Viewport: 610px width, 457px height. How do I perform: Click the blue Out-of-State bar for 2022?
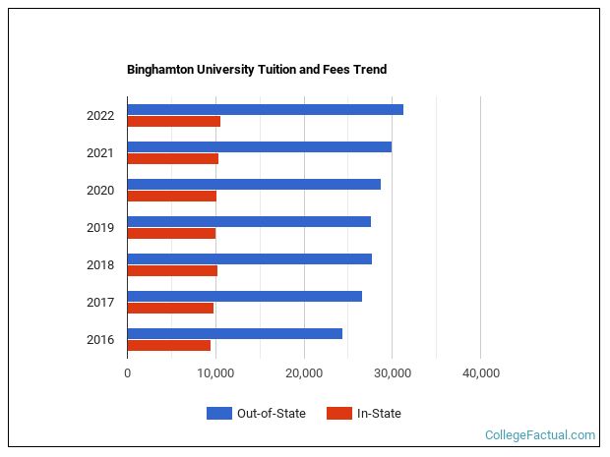pos(265,109)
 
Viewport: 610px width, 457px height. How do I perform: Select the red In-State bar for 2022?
pos(173,122)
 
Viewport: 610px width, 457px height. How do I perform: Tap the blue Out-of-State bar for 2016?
pos(234,333)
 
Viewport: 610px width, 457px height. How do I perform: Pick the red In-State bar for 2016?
pos(168,346)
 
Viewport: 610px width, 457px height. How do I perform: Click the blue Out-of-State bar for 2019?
pos(249,221)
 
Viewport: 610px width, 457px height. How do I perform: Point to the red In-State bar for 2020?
pos(171,197)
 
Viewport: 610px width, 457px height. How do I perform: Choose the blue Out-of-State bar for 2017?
pos(244,296)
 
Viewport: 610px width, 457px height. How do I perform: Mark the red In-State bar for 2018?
pos(172,271)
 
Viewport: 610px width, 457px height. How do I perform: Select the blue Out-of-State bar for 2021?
pos(259,146)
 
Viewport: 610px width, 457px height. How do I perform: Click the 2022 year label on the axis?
pos(100,116)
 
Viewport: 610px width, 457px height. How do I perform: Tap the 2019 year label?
pos(100,228)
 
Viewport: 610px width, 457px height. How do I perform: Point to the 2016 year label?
pos(100,340)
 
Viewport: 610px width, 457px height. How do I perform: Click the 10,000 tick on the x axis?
pos(215,373)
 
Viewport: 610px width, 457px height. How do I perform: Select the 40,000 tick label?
pos(480,373)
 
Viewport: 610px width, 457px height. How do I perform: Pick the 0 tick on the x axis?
pos(127,373)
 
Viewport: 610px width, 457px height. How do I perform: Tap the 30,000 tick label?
pos(392,373)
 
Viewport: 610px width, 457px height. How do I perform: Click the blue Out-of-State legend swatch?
pos(218,414)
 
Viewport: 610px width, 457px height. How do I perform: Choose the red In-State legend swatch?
pos(338,414)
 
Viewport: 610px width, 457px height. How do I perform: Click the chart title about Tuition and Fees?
pos(256,70)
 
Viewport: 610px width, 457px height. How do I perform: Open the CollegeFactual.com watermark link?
pos(539,435)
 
